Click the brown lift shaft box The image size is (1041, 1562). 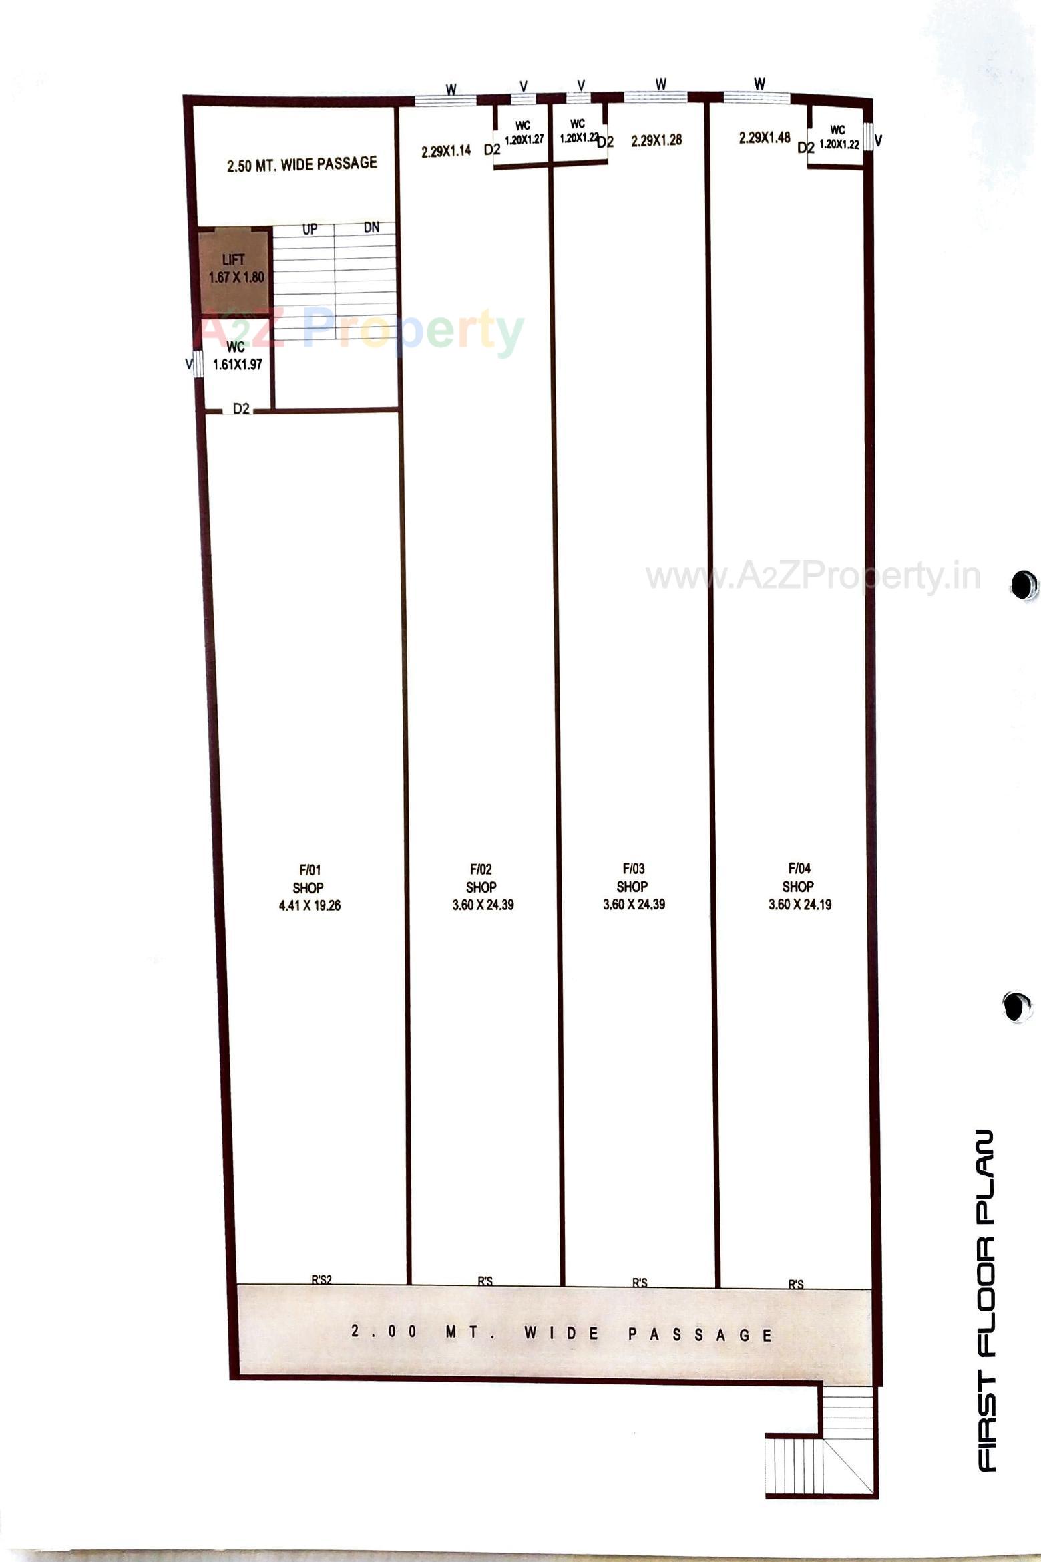234,269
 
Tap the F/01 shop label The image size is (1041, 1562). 309,869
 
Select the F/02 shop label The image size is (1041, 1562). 481,869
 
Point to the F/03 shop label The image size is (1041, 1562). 633,868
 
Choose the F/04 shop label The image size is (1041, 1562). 799,868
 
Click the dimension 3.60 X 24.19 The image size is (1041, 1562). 799,905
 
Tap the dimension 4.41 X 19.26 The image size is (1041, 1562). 309,905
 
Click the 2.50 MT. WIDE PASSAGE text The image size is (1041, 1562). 302,164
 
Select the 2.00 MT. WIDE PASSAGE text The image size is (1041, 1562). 561,1334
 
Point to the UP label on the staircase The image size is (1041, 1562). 309,230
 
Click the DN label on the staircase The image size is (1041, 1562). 371,228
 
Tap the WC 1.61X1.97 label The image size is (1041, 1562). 237,356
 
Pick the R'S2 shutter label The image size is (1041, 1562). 321,1280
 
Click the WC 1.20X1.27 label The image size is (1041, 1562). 524,133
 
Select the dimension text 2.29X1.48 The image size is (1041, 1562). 764,138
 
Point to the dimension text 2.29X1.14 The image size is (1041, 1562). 446,151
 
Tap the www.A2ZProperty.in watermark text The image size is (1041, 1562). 813,576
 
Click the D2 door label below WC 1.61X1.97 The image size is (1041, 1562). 241,408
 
